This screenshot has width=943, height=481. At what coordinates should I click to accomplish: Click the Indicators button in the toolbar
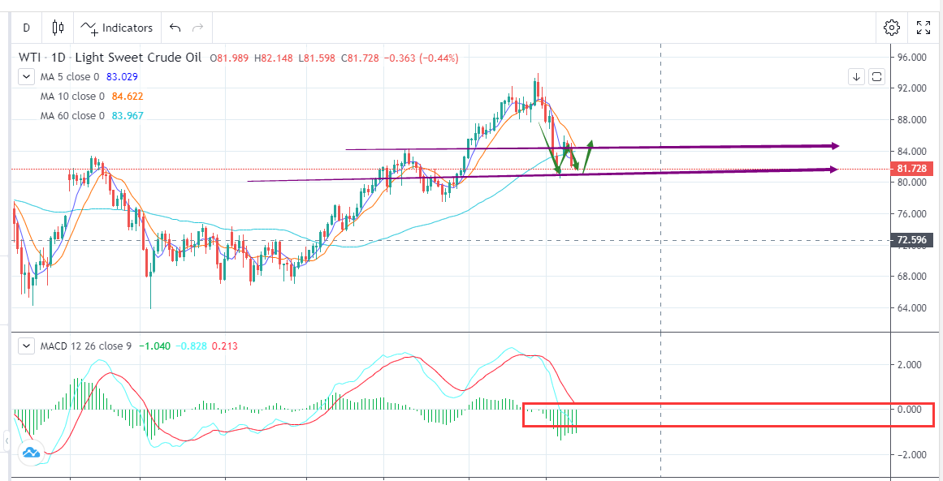118,28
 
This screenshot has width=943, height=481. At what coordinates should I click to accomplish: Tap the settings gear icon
891,28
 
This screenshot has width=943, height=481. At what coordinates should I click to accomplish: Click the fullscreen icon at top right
924,28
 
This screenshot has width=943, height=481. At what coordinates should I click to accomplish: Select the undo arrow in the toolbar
175,28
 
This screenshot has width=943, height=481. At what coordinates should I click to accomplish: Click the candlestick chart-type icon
58,28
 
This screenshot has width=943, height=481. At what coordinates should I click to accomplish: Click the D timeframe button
26,28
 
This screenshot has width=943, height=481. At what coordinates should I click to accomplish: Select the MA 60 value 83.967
132,115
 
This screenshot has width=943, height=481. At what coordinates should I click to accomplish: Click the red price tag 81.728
911,169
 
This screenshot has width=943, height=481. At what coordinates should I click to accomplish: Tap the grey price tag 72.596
911,240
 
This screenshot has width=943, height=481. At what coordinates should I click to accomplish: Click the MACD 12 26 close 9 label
85,346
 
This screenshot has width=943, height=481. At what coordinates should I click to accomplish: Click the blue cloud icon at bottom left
31,453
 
